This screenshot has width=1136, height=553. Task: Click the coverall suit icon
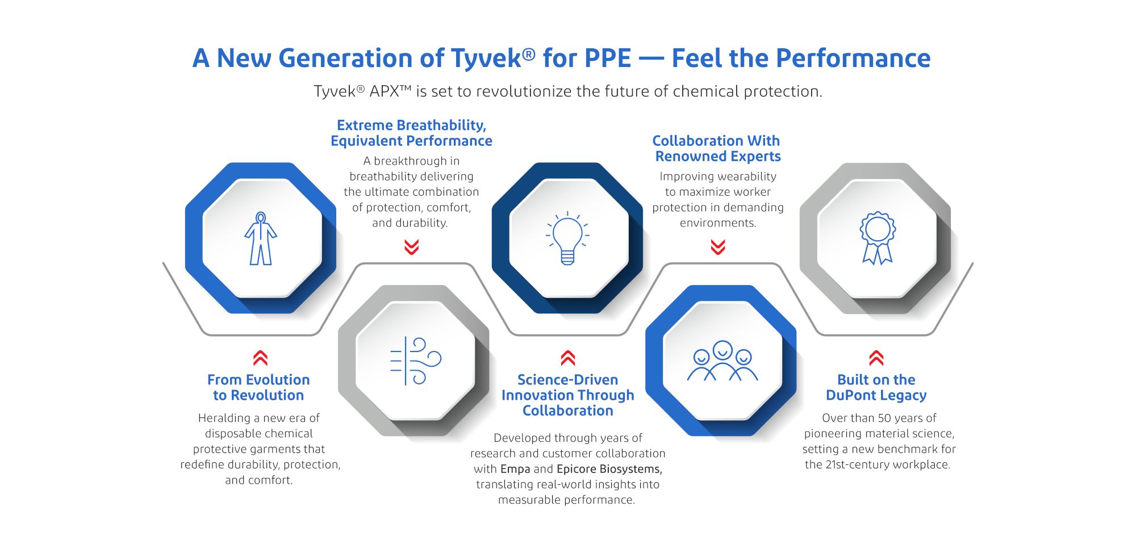click(261, 238)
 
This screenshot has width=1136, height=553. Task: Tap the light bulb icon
click(567, 238)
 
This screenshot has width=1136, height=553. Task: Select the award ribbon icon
click(878, 238)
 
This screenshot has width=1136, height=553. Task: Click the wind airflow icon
click(416, 361)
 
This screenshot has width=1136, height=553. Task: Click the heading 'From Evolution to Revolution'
click(258, 387)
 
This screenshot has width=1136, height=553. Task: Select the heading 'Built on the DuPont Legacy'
click(876, 387)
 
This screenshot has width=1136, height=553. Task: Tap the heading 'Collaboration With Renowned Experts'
click(717, 148)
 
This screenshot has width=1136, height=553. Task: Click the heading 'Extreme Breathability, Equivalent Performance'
click(411, 133)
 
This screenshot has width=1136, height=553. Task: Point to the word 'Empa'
click(515, 469)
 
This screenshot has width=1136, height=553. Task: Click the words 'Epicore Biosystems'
click(609, 469)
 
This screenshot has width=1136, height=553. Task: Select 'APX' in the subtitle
click(385, 91)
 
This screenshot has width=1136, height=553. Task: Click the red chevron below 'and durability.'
click(412, 247)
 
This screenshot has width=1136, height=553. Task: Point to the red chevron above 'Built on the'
click(876, 358)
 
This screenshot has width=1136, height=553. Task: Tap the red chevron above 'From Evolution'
click(260, 358)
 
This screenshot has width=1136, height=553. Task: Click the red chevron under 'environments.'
click(718, 247)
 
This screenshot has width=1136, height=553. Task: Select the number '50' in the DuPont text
click(884, 418)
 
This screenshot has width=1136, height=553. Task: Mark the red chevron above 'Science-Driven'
click(568, 358)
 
